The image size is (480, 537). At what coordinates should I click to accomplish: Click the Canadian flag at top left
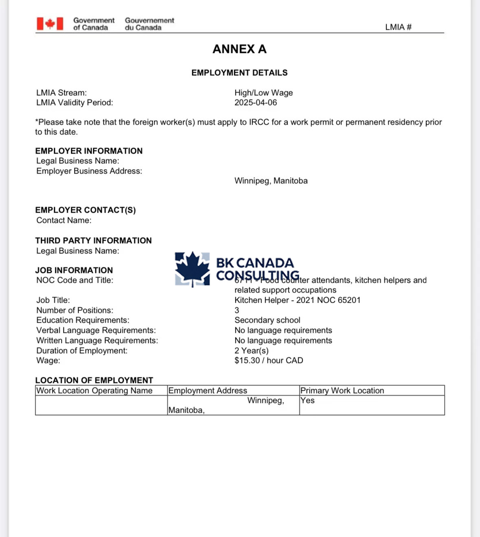50,24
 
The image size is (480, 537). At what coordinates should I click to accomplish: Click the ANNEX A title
240,49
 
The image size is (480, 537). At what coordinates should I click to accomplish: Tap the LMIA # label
398,27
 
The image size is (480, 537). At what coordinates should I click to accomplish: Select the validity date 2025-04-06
255,103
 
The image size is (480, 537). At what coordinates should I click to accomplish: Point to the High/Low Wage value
264,93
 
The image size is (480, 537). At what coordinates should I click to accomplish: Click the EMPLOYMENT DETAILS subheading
240,73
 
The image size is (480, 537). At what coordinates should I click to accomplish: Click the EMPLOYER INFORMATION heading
89,151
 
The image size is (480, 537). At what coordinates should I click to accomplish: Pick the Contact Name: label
64,220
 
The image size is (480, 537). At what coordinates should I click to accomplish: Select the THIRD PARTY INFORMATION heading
93,241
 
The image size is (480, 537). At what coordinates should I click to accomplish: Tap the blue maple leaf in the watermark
192,268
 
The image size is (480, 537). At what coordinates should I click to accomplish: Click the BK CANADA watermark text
255,263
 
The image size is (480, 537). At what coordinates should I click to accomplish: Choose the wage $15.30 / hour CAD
269,361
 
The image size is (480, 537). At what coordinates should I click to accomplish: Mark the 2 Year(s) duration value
251,351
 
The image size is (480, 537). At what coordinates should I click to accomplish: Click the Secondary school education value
267,320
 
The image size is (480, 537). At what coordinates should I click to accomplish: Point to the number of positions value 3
237,310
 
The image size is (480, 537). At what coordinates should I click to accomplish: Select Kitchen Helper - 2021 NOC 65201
297,300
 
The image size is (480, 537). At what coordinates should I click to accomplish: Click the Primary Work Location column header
342,391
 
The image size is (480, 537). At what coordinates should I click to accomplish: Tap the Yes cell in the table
308,401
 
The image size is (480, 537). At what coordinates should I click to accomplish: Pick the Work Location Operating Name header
95,391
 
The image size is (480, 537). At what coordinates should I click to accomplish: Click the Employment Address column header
208,391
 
